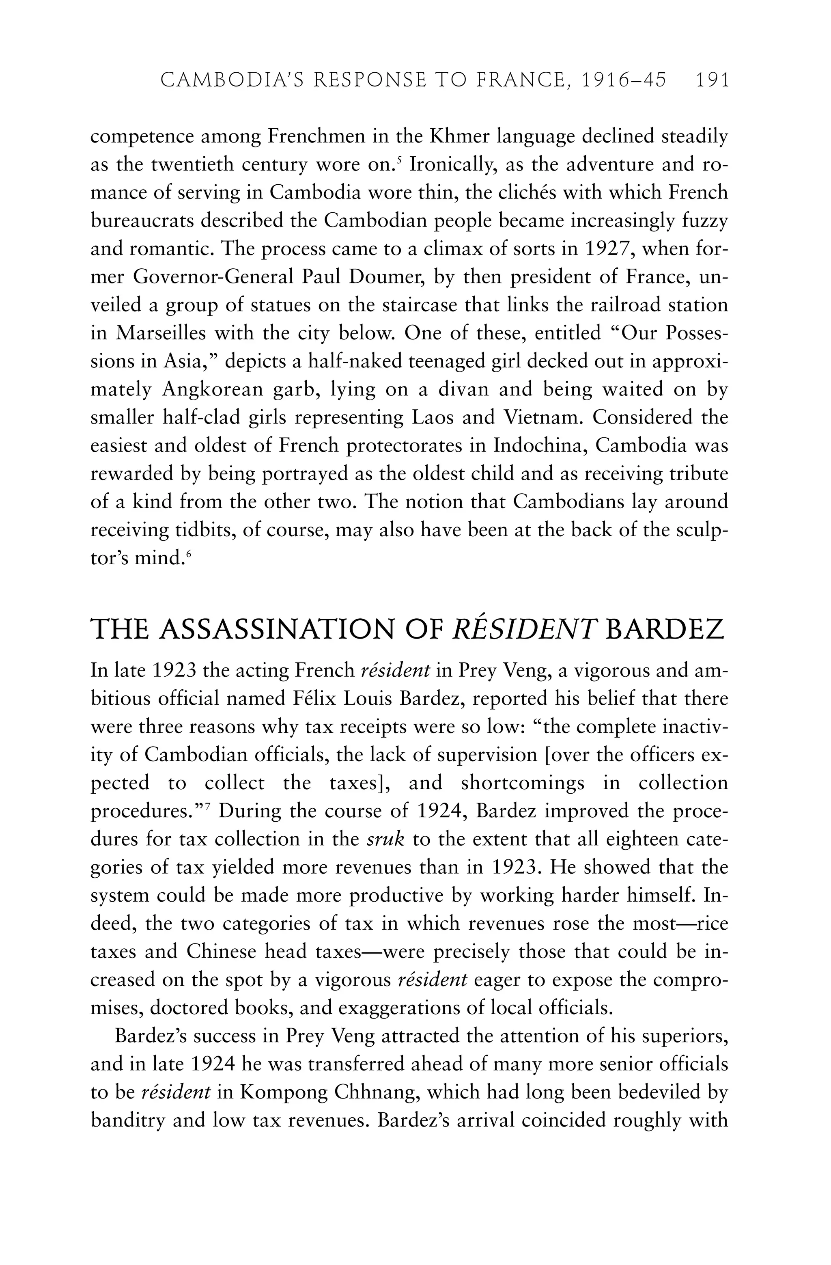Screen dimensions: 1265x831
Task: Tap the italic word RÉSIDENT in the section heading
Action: click(x=523, y=629)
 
